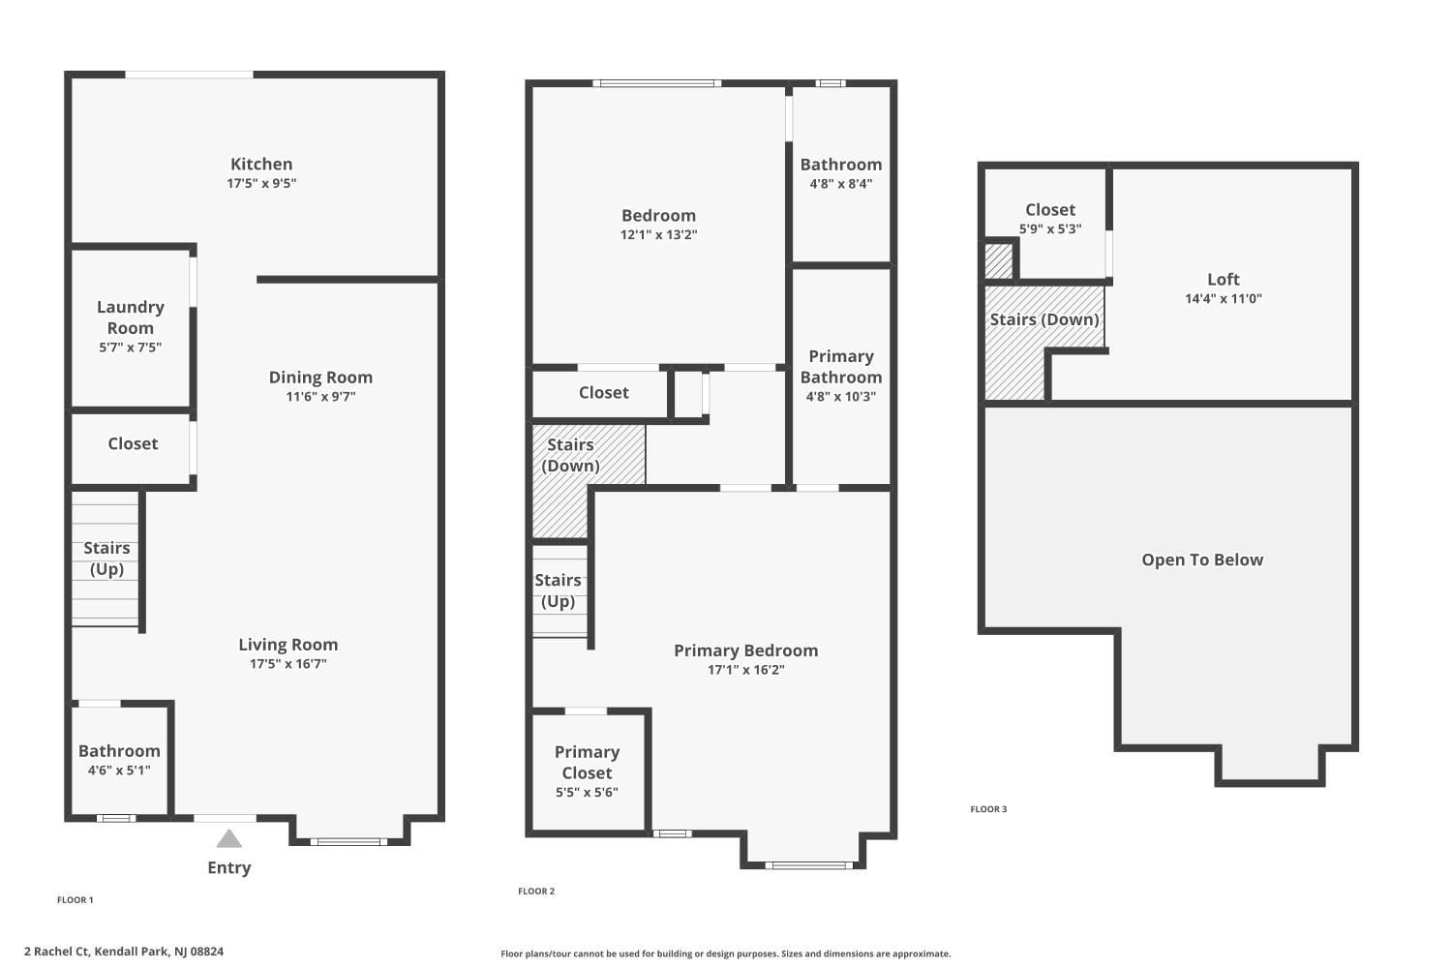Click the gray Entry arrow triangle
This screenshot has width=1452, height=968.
click(x=228, y=838)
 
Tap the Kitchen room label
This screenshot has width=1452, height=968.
click(x=261, y=165)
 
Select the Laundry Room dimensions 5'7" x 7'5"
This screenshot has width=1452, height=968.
click(x=130, y=348)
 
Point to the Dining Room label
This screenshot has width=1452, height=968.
click(x=320, y=378)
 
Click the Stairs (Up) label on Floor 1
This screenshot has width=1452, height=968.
click(x=106, y=559)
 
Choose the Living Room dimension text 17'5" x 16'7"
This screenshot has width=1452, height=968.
click(x=287, y=664)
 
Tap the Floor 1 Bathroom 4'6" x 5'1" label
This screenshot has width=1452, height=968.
click(x=119, y=760)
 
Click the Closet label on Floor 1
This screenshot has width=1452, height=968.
click(x=133, y=444)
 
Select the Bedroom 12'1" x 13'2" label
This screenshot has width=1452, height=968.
click(x=658, y=225)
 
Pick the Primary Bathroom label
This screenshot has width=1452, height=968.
click(x=840, y=367)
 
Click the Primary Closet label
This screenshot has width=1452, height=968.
click(x=587, y=763)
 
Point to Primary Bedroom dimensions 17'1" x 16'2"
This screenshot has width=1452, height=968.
click(x=745, y=670)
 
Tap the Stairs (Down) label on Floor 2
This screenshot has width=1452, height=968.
click(x=570, y=455)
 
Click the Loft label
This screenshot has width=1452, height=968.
click(x=1224, y=280)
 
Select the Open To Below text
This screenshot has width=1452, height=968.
click(x=1202, y=560)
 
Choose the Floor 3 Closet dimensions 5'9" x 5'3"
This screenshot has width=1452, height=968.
click(x=1050, y=229)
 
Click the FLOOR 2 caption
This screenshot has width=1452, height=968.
click(x=536, y=892)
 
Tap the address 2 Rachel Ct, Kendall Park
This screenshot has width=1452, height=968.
click(x=124, y=952)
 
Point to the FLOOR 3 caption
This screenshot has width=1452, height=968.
click(x=988, y=809)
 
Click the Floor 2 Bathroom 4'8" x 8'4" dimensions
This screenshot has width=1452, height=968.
click(x=840, y=184)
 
